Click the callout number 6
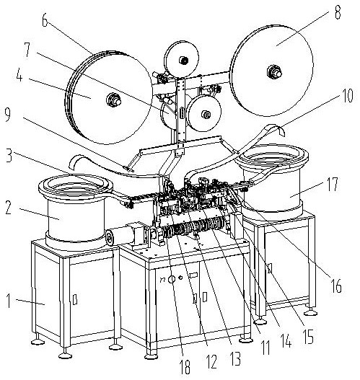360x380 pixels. click(x=45, y=20)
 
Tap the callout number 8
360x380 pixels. click(x=338, y=12)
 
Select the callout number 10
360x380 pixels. click(x=346, y=96)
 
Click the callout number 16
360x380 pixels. click(x=335, y=286)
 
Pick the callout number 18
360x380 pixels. click(x=185, y=367)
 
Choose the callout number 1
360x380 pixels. click(x=9, y=301)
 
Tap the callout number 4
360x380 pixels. click(x=19, y=76)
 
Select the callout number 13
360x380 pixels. click(x=235, y=358)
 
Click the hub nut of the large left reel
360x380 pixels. click(x=113, y=100)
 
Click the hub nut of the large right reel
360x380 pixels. click(x=274, y=71)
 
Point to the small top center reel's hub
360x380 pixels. click(x=183, y=60)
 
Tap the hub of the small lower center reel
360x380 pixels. click(x=206, y=115)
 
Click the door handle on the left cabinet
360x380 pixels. click(x=75, y=299)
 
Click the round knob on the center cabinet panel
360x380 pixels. click(x=172, y=280)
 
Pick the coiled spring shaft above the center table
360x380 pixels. click(x=193, y=228)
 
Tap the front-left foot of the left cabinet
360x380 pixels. click(x=66, y=354)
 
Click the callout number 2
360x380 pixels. click(x=9, y=208)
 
